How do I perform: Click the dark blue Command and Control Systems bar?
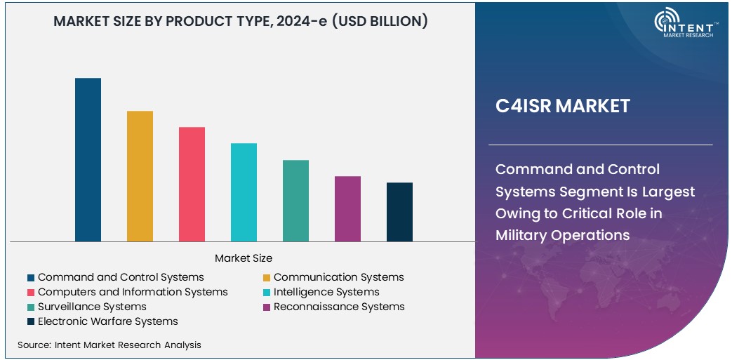[88, 160]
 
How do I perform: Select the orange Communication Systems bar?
[140, 176]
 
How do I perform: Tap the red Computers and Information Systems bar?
[192, 185]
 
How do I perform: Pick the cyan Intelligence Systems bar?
[244, 192]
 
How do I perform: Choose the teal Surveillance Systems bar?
[295, 201]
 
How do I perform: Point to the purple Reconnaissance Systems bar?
[347, 209]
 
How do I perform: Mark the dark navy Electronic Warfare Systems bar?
[399, 212]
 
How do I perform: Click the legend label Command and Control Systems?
[121, 277]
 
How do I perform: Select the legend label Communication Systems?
[338, 277]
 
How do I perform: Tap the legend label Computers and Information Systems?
[133, 292]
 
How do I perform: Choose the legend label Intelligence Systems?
[326, 292]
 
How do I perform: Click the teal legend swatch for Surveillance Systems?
[31, 307]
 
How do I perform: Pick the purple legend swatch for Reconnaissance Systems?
[267, 307]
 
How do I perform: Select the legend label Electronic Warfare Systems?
[108, 321]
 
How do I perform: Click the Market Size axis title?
[244, 258]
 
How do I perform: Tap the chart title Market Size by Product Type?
[241, 21]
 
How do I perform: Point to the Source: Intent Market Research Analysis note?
[109, 345]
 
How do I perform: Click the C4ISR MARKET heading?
[563, 106]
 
